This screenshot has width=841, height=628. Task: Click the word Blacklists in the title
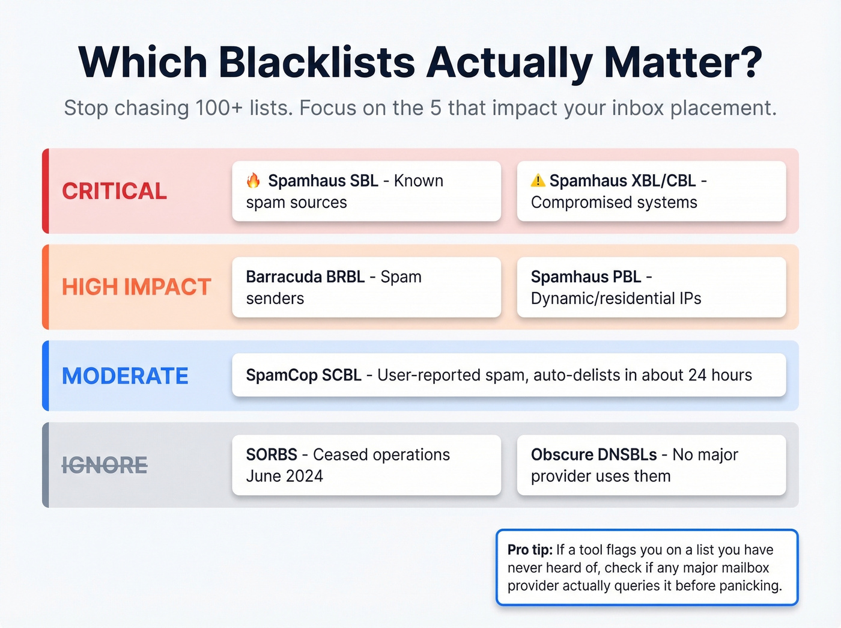[317, 62]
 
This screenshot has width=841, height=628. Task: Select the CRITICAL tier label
[115, 191]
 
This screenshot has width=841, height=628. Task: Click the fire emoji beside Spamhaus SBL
[254, 180]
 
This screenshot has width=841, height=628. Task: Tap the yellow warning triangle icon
[538, 180]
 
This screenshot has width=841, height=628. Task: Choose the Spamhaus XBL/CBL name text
[622, 181]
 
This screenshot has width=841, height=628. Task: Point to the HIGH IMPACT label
[136, 287]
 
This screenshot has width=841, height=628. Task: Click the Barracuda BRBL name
[305, 277]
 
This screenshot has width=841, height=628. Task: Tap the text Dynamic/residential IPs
[616, 299]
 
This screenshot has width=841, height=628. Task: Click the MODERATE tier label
[125, 376]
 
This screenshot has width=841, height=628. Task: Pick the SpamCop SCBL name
[303, 376]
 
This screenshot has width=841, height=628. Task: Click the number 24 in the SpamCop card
[697, 376]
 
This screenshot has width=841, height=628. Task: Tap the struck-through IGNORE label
[105, 465]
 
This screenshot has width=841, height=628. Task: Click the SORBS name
[272, 455]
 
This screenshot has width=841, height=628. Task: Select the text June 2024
[284, 477]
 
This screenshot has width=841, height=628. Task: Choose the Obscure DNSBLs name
[595, 455]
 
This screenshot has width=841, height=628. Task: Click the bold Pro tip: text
[530, 550]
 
